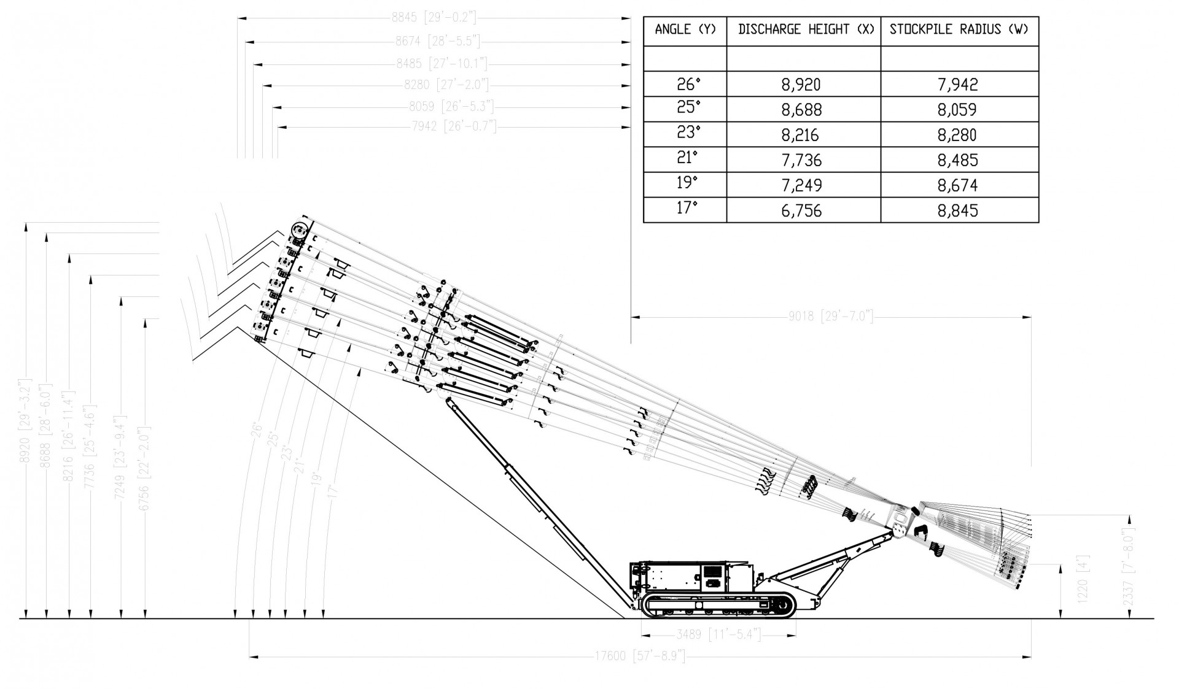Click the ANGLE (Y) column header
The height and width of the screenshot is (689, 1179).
point(685,29)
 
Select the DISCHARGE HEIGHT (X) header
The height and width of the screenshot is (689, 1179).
point(805,29)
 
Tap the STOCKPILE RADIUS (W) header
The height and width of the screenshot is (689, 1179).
point(959,29)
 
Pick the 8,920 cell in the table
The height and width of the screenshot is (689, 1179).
point(801,85)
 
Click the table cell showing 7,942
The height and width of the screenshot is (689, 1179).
point(957,85)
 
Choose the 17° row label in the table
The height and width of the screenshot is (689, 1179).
point(687,209)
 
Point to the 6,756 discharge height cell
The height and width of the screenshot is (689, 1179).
point(801,210)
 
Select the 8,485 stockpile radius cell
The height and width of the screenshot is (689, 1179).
point(957,160)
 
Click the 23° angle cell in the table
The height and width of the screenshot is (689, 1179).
point(688,133)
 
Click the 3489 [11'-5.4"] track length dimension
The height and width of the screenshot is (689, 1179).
point(718,634)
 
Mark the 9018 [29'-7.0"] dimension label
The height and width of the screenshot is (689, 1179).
point(830,317)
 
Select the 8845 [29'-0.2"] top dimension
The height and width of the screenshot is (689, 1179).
point(434,18)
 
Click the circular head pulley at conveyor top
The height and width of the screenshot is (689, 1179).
point(299,232)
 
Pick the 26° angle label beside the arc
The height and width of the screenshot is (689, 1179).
point(257,429)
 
